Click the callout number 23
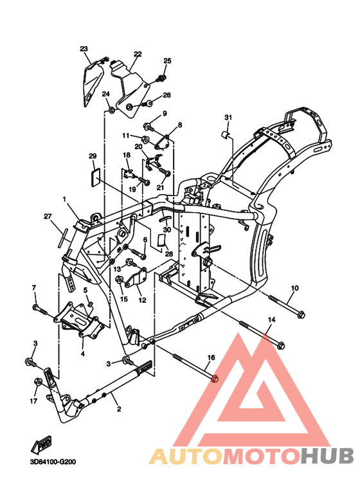(x=84, y=49)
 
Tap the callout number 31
(x=228, y=118)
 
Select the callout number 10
(x=294, y=288)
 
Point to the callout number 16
(x=211, y=357)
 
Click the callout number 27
(x=48, y=216)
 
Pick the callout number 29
(x=93, y=156)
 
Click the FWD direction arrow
(x=41, y=446)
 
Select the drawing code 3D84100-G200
(x=53, y=462)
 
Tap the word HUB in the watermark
(x=327, y=455)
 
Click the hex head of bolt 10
(x=301, y=315)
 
